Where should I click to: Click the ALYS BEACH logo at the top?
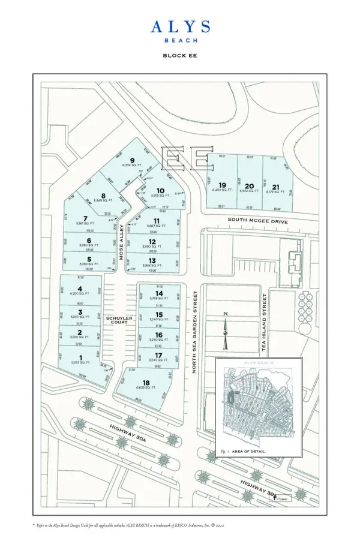[x=180, y=31]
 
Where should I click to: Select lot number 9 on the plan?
[x=131, y=161]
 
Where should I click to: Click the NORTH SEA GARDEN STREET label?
[x=195, y=332]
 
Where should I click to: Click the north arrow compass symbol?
[x=225, y=330]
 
